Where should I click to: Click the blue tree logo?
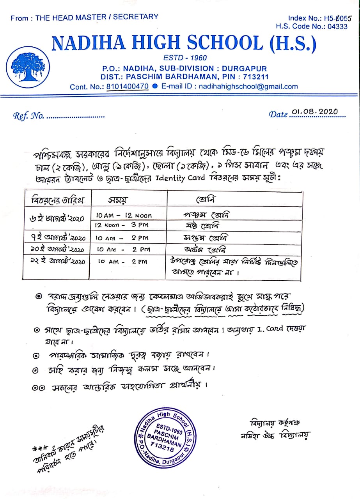click(x=26, y=64)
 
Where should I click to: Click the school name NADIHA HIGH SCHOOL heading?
click(x=184, y=44)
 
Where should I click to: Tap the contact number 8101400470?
click(x=127, y=87)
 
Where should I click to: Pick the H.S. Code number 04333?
click(x=337, y=27)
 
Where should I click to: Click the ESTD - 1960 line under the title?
click(x=185, y=58)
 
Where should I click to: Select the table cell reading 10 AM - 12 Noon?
click(x=124, y=215)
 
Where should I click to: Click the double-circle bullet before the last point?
click(x=39, y=387)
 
